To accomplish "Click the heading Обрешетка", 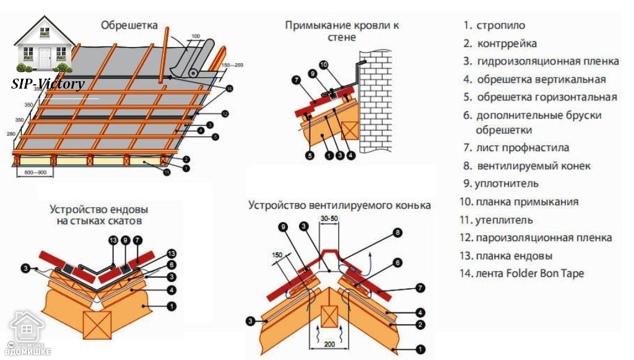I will coord(129,25).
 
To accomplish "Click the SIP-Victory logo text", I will coord(48,84).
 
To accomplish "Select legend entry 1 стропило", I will coord(495,25).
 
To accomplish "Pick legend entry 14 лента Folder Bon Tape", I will coord(522,273).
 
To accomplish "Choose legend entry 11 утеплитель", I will coord(496,220).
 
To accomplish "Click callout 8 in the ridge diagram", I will coord(398,233).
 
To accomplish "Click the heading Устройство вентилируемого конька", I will coord(339,205).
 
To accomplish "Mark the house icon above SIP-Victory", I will coord(43,47).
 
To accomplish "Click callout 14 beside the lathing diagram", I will coord(230,89).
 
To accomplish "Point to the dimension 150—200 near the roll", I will coord(232,64).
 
